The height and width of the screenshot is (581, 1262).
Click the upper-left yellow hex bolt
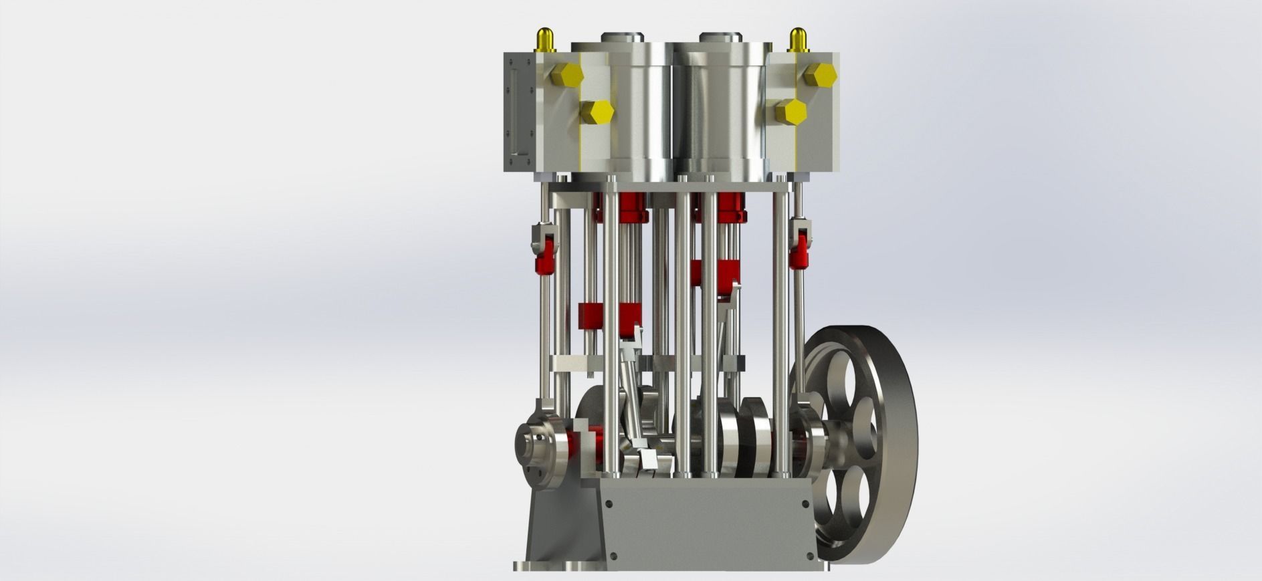coord(568,75)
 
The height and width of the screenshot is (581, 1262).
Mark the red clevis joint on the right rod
coord(799,256)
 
